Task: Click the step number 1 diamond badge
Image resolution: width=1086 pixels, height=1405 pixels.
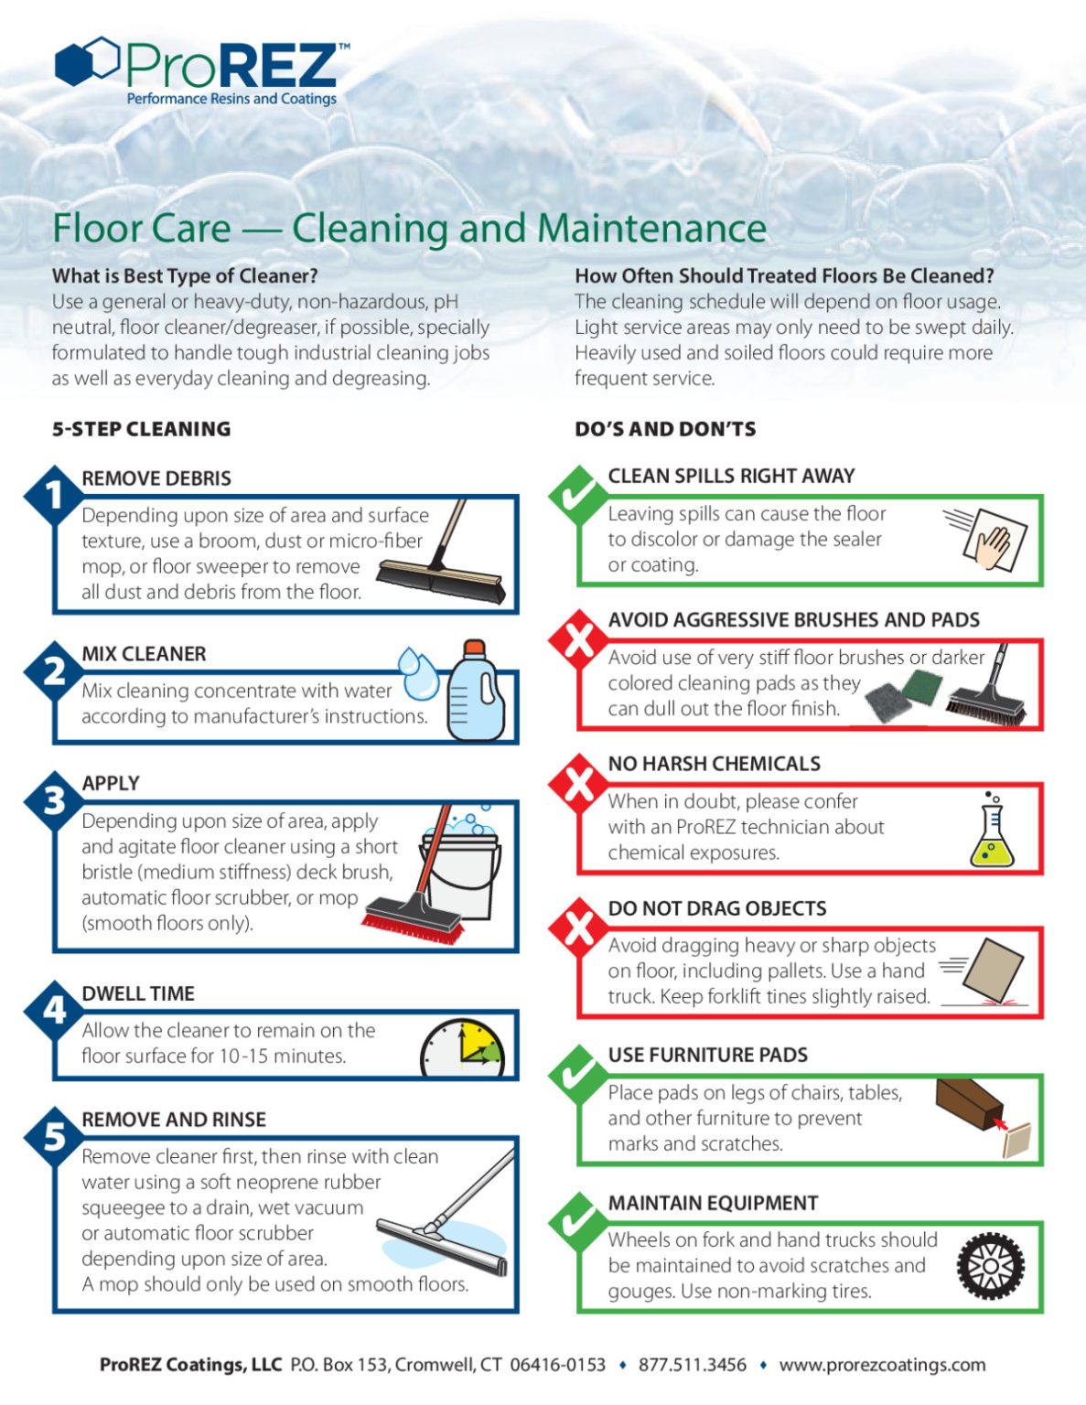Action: pyautogui.click(x=54, y=495)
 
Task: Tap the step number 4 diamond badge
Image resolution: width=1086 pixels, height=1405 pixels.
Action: pyautogui.click(x=54, y=1010)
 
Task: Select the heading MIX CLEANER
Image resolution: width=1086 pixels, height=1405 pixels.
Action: pyautogui.click(x=144, y=654)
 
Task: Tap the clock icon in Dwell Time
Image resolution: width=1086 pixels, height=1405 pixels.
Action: pyautogui.click(x=462, y=1049)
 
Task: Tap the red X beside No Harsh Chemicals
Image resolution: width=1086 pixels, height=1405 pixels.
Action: pyautogui.click(x=577, y=783)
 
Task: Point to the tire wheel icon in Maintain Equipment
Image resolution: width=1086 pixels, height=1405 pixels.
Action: pyautogui.click(x=990, y=1267)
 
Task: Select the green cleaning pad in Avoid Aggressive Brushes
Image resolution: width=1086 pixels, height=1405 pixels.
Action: pyautogui.click(x=921, y=683)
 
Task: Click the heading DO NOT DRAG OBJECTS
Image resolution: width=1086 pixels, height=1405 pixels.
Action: pyautogui.click(x=716, y=908)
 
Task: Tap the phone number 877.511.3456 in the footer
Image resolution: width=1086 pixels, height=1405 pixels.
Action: pyautogui.click(x=692, y=1365)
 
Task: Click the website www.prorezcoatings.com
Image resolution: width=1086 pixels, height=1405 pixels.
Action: pyautogui.click(x=882, y=1365)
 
